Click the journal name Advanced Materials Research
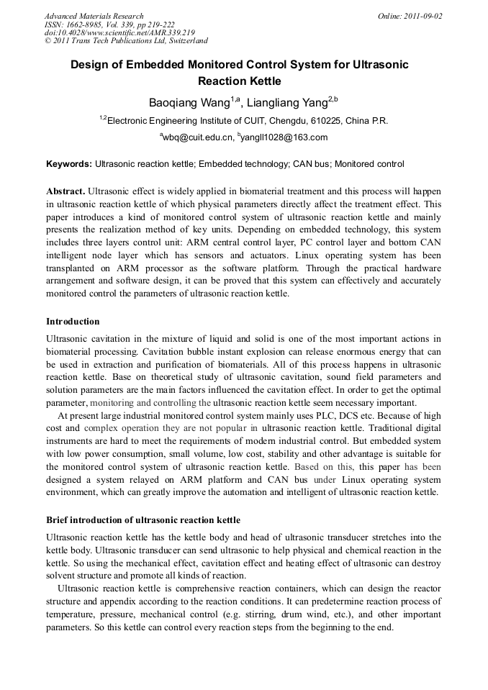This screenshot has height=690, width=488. (x=94, y=16)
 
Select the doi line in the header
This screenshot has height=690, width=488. (x=119, y=32)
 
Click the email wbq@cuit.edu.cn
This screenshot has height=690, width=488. (x=198, y=137)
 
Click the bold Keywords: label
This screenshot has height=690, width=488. (x=69, y=164)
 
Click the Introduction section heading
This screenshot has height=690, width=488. (x=73, y=321)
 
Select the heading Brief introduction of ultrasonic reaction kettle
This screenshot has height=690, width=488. (x=143, y=519)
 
